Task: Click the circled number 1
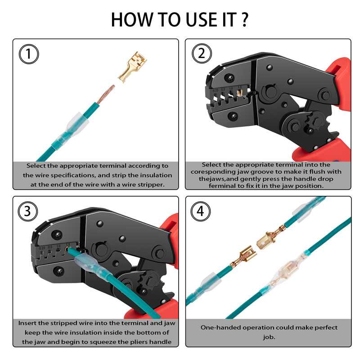pyautogui.click(x=29, y=54)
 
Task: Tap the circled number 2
pyautogui.click(x=202, y=54)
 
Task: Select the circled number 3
pyautogui.click(x=28, y=211)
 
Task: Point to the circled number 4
pyautogui.click(x=200, y=211)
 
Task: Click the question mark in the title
pyautogui.click(x=245, y=20)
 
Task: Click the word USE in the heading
pyautogui.click(x=203, y=20)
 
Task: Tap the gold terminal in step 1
pyautogui.click(x=132, y=67)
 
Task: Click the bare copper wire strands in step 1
pyautogui.click(x=106, y=94)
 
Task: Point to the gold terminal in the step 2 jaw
pyautogui.click(x=239, y=93)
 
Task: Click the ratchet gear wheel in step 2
pyautogui.click(x=315, y=121)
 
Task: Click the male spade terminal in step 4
pyautogui.click(x=271, y=237)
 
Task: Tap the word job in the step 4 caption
pyautogui.click(x=269, y=337)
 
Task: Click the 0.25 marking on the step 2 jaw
pyautogui.click(x=216, y=90)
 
